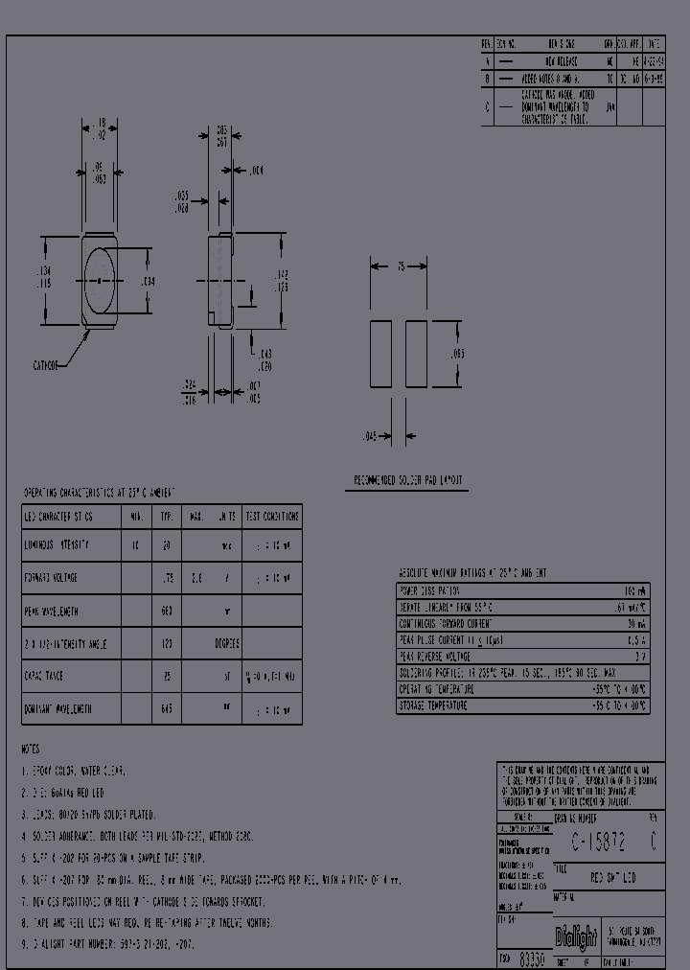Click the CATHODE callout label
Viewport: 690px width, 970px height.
(x=46, y=365)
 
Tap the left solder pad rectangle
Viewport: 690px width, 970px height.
(x=381, y=354)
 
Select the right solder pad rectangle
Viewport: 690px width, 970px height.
(x=416, y=354)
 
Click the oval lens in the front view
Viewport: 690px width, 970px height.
(x=100, y=281)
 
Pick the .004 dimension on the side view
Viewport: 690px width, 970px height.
(x=256, y=171)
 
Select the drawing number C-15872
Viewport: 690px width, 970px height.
(x=599, y=843)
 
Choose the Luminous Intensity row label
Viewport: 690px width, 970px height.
(x=57, y=544)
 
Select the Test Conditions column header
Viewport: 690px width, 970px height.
(x=272, y=516)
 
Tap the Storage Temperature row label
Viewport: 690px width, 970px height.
(x=433, y=705)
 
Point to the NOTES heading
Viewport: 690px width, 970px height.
(x=33, y=748)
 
